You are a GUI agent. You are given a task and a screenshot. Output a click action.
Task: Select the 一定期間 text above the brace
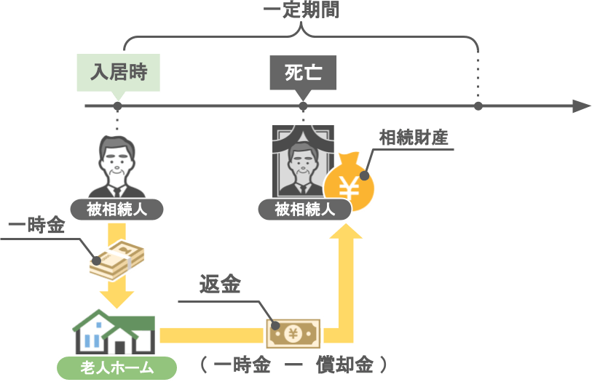point(301,11)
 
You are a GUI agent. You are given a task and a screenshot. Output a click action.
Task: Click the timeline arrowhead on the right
point(580,106)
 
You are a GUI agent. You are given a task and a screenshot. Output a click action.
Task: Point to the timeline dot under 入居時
point(117,106)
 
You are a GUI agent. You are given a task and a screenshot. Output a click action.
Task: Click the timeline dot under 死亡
point(304,106)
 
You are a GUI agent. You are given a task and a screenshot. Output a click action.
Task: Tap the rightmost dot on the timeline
point(478,106)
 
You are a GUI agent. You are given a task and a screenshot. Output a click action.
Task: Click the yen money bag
point(350,184)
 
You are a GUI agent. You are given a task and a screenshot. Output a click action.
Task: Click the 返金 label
point(221,284)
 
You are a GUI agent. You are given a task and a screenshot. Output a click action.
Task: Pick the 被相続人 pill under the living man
point(117,210)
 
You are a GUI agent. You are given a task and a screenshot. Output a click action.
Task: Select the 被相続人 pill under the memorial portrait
point(304,210)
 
